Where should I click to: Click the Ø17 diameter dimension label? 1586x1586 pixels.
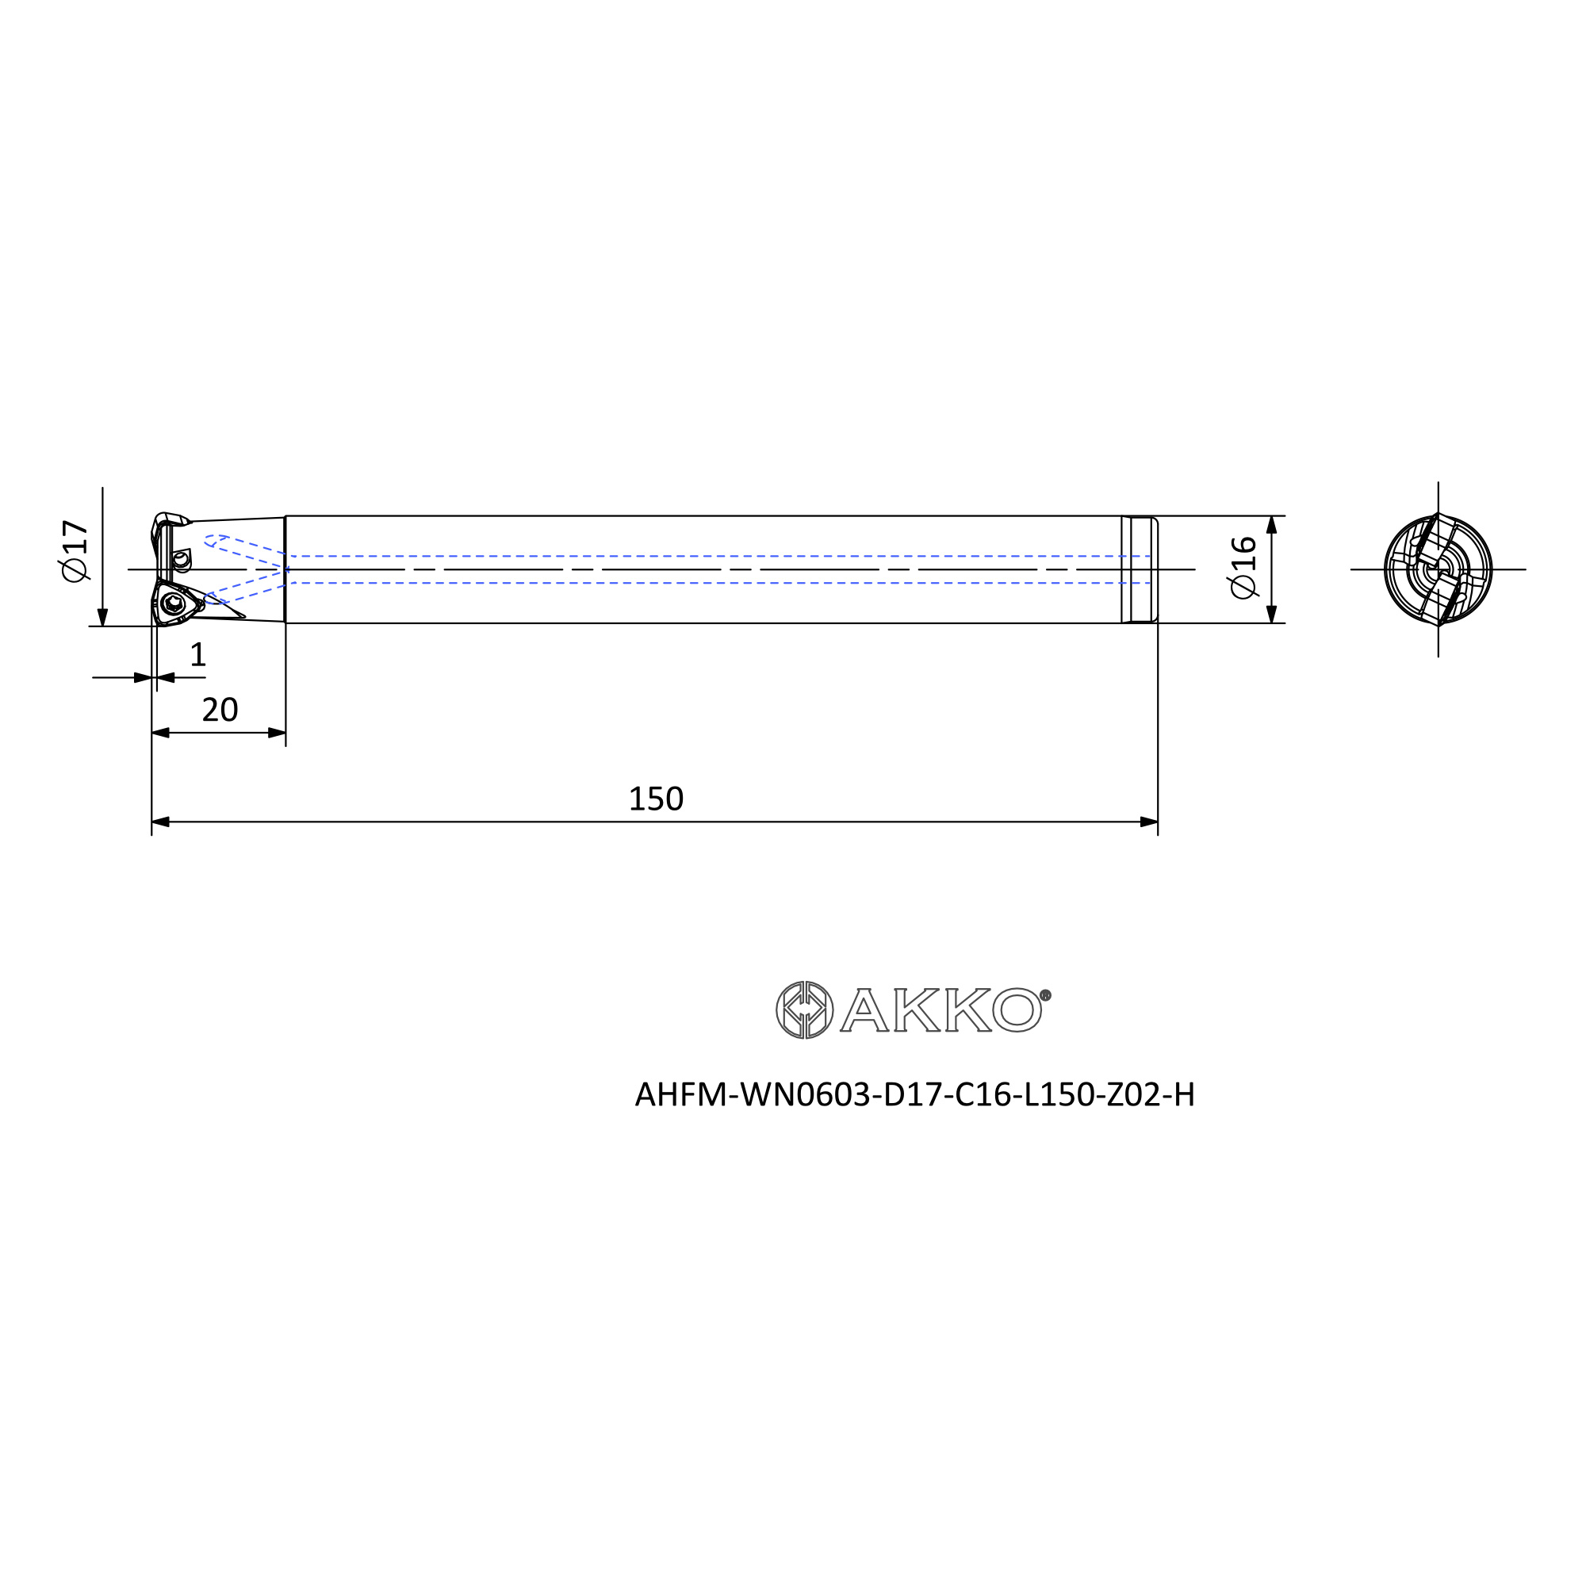point(74,551)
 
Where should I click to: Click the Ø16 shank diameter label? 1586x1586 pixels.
point(1242,567)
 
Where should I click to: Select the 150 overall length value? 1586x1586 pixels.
point(656,799)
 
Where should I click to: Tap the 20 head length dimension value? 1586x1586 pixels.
point(220,710)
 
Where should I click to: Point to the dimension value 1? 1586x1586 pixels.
point(197,655)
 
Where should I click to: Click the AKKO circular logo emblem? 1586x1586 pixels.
point(804,1009)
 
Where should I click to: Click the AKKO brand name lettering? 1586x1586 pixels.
point(941,1010)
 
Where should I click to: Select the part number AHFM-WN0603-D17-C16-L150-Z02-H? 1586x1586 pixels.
point(914,1094)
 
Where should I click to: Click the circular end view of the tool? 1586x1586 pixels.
point(1439,569)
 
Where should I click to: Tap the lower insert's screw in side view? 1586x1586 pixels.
point(172,604)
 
